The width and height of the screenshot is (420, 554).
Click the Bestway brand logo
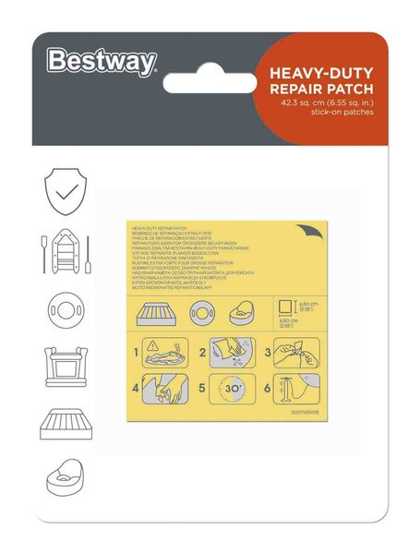click(102, 62)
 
